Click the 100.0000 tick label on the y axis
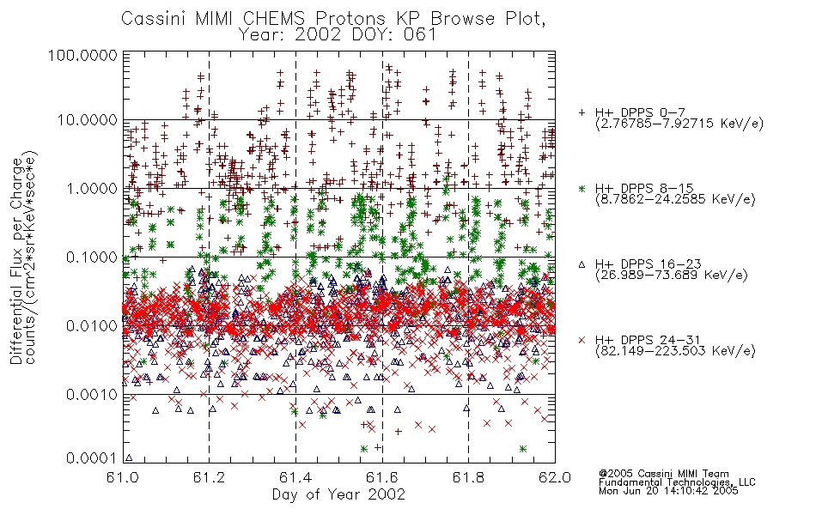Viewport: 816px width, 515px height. click(82, 55)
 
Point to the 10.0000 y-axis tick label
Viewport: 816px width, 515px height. click(88, 120)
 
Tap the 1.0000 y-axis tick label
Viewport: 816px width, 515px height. click(92, 188)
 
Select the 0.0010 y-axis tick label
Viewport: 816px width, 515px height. click(92, 395)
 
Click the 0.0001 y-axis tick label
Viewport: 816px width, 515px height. click(92, 457)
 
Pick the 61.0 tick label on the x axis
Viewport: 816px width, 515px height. click(123, 477)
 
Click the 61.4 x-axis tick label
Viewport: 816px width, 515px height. click(295, 477)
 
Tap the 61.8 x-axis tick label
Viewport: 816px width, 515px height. click(468, 477)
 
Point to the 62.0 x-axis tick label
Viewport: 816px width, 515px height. click(555, 477)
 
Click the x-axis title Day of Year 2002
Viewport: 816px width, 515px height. click(338, 494)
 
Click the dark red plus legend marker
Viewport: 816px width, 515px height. click(582, 112)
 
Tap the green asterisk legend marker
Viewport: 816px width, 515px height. click(582, 188)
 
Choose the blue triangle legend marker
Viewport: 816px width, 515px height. click(582, 264)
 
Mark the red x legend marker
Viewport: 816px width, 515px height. click(582, 340)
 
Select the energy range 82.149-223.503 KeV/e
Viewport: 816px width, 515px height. click(675, 351)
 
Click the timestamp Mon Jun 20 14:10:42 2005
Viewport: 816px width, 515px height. click(668, 491)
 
